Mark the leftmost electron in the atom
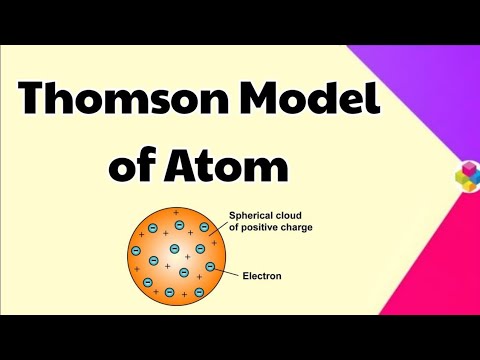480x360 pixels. click(x=137, y=248)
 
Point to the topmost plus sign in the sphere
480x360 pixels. click(x=177, y=214)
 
